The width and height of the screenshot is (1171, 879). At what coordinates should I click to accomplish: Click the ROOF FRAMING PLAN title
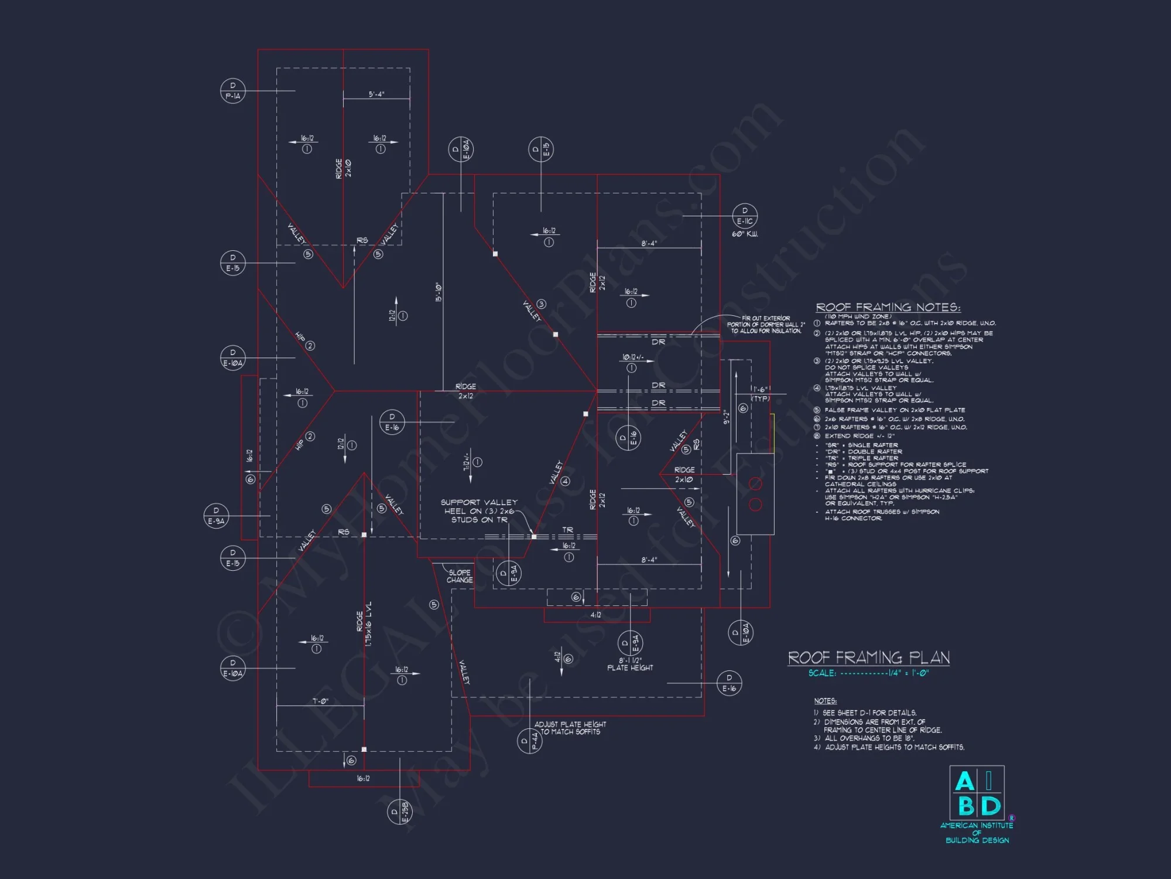coord(869,657)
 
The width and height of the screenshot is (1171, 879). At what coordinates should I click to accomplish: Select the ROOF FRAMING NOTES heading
coord(888,307)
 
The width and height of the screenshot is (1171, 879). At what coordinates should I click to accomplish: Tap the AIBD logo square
coord(977,793)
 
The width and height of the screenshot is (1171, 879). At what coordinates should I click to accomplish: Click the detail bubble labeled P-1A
coord(232,91)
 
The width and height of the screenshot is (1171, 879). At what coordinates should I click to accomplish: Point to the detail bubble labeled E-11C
coord(745,216)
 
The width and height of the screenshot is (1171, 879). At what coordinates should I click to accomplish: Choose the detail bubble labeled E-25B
coord(400,812)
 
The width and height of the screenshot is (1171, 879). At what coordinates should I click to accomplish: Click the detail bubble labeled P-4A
coord(529,741)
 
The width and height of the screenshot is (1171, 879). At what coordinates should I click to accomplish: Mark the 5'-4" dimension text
coord(376,94)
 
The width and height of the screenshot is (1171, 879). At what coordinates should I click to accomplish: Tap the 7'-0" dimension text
coord(320,701)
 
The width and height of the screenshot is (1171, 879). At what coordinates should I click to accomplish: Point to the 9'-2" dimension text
coord(727,417)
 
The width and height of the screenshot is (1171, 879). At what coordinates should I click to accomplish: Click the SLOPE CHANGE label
coord(460,576)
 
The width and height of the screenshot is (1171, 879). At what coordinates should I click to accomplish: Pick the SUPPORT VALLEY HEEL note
coord(479,511)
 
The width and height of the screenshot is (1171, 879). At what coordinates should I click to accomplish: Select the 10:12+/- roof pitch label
coord(632,357)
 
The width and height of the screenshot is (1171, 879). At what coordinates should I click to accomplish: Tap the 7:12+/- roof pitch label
coord(467,461)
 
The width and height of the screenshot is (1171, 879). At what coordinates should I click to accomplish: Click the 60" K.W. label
coord(745,234)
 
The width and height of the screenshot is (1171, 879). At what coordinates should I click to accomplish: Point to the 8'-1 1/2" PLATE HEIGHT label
coord(630,664)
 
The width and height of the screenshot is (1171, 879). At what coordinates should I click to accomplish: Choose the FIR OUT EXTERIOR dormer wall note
coord(766,325)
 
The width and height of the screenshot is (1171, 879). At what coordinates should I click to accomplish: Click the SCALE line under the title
coord(868,673)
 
